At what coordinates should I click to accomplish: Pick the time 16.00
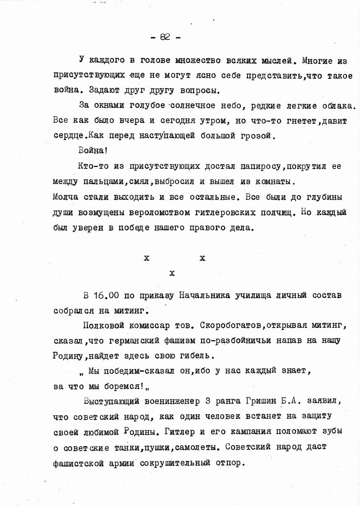click(106, 296)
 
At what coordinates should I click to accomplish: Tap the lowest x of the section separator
click(171, 273)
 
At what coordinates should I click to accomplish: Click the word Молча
click(66, 197)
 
